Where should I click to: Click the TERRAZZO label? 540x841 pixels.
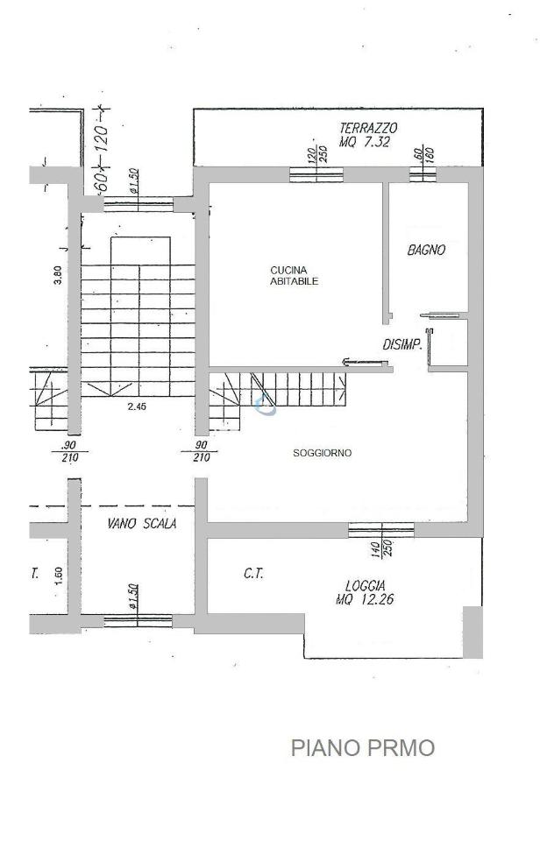(x=368, y=128)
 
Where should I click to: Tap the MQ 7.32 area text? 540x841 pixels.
(x=365, y=142)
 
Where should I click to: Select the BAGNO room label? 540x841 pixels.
(x=426, y=250)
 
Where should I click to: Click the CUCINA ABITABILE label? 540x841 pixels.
(x=295, y=276)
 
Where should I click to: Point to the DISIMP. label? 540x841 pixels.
(x=401, y=345)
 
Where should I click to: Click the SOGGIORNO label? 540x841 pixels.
(x=322, y=453)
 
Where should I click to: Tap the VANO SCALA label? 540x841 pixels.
(x=142, y=524)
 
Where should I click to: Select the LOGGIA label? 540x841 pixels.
(x=365, y=586)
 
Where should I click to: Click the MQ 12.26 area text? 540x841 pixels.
(x=365, y=599)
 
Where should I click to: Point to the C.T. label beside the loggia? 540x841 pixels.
(x=253, y=574)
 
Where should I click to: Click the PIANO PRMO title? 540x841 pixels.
(x=363, y=747)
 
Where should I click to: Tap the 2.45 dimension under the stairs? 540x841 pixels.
(x=137, y=406)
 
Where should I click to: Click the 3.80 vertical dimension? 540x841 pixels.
(x=59, y=276)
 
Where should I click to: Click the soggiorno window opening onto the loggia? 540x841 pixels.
(x=381, y=530)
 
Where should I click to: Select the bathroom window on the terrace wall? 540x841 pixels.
(x=423, y=175)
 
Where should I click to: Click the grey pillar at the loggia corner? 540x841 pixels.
(x=472, y=632)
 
